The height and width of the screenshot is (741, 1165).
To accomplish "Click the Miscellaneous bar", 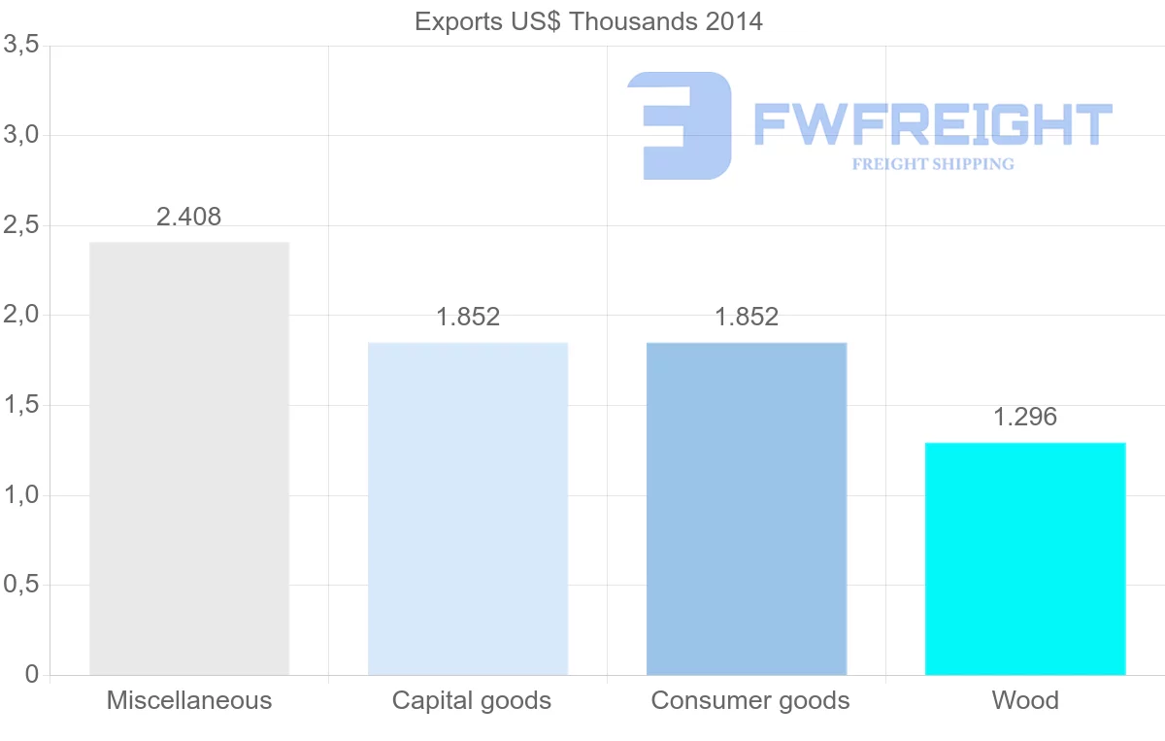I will (x=189, y=458).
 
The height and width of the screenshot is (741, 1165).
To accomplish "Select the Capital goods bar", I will (x=468, y=509).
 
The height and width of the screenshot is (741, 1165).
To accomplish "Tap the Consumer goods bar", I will (x=747, y=509).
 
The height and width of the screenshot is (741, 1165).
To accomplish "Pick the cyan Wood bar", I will (x=1025, y=558).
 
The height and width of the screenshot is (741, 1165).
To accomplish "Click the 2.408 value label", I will (x=189, y=218).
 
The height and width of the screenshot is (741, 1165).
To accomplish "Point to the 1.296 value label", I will (x=1025, y=418).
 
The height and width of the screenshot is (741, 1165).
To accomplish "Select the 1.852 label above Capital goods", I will (x=468, y=318).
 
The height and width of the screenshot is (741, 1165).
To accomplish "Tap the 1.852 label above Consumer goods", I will (x=747, y=318).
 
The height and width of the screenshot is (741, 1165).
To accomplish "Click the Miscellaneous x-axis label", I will (x=189, y=700).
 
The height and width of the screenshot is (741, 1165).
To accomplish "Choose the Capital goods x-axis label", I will (x=472, y=700).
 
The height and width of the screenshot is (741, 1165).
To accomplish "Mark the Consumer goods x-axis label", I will (x=750, y=700).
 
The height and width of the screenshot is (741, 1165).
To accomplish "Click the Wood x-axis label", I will (x=1025, y=700).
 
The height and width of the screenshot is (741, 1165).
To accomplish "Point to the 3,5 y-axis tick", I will (x=20, y=45).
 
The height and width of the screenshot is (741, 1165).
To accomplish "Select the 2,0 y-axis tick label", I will (x=20, y=316).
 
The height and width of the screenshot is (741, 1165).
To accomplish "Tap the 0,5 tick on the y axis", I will (x=20, y=586).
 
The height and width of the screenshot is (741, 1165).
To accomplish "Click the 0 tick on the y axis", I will (x=31, y=675).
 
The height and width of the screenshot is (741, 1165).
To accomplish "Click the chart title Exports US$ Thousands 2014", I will (x=588, y=21).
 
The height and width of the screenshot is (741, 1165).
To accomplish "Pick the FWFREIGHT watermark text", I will (x=932, y=124).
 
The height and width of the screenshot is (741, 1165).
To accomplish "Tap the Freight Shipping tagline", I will (x=933, y=164).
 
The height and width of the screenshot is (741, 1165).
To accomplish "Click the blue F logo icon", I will (x=680, y=125).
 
